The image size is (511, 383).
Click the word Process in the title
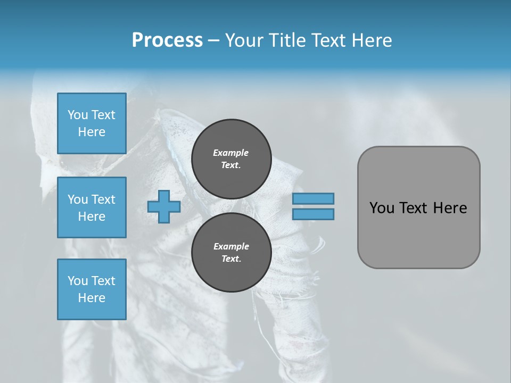(167, 40)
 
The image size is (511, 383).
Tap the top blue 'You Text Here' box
(92, 123)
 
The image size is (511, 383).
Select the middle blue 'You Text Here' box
(92, 207)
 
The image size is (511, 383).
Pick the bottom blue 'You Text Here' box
(92, 289)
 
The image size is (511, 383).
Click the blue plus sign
(164, 206)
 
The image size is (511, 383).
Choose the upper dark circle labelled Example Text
(231, 159)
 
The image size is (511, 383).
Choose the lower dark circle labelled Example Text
(231, 253)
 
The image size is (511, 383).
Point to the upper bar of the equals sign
(313, 198)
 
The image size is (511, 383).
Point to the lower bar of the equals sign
(313, 214)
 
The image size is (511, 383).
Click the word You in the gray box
(382, 208)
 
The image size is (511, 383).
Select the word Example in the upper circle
(231, 153)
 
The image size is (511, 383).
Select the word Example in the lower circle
(231, 246)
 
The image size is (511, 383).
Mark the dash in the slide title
(213, 41)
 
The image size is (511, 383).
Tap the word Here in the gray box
(450, 208)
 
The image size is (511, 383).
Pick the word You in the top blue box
(78, 115)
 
